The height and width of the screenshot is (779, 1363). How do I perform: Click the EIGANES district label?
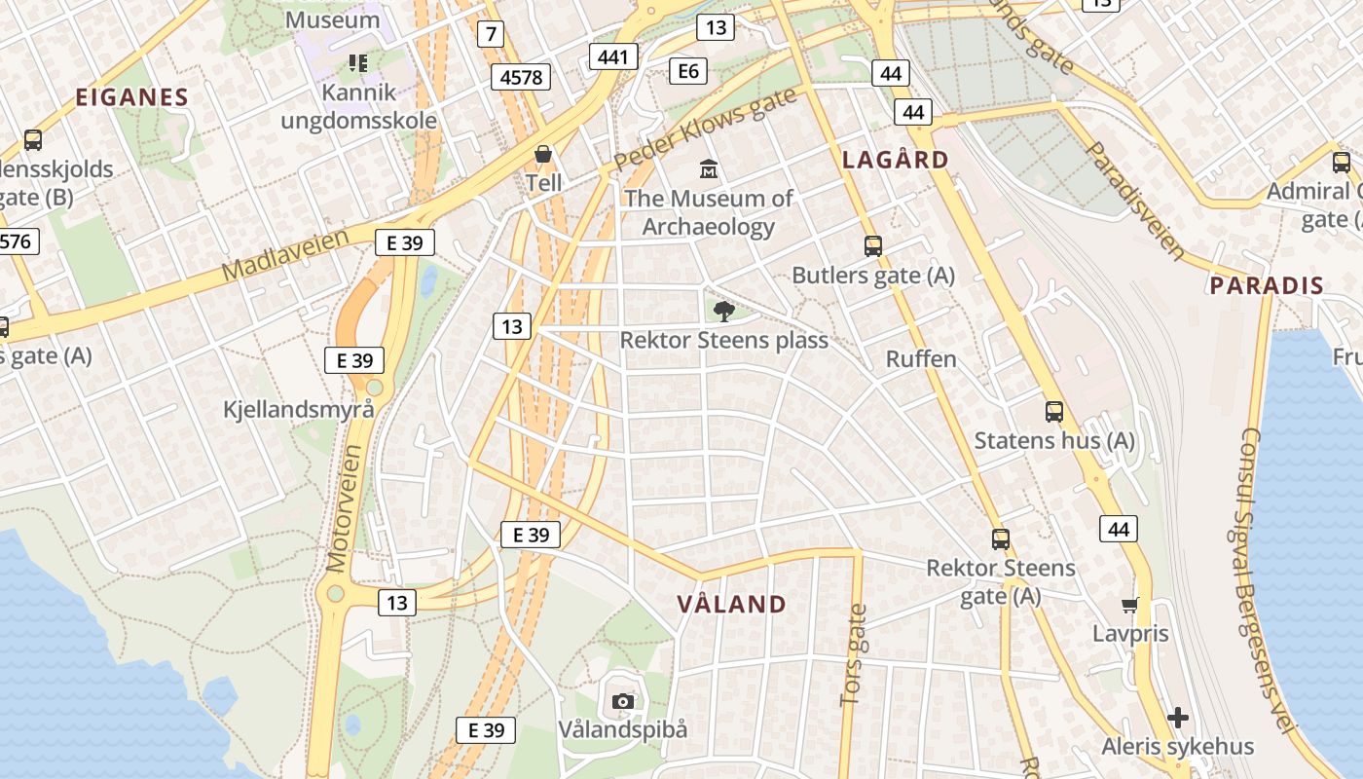point(131,96)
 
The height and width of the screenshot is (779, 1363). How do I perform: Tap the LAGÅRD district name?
point(895,160)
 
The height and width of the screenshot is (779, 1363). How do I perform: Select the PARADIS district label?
point(1266,285)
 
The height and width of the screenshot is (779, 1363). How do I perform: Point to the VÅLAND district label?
point(731,604)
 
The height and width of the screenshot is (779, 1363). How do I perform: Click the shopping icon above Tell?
point(543,154)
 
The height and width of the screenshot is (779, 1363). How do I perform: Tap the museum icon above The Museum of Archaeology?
point(709,169)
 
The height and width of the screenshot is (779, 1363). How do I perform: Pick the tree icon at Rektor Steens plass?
point(723,312)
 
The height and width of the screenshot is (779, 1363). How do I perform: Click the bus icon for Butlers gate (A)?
point(873,246)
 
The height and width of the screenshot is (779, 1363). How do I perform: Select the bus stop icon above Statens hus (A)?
point(1054,411)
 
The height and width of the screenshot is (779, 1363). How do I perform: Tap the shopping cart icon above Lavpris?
point(1130,606)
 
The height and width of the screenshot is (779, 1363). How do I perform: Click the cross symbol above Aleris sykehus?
point(1178,719)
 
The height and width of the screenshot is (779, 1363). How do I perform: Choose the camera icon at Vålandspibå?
point(623,701)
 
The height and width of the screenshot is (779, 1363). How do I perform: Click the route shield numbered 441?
point(613,57)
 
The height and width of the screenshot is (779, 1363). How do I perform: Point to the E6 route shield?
point(688,70)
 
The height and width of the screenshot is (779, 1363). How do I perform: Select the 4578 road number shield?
point(521,76)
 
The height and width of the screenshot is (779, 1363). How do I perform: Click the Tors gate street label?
point(854,655)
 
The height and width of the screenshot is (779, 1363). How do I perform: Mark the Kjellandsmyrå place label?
point(299,409)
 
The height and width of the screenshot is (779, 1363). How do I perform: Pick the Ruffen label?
point(921,359)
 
